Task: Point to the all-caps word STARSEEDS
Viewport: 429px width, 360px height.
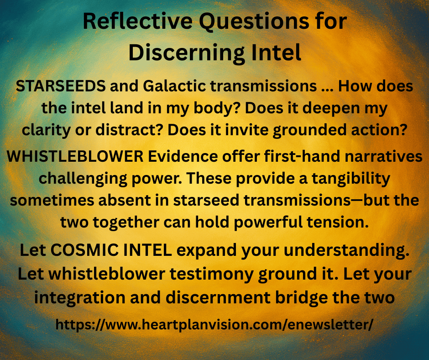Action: coord(61,86)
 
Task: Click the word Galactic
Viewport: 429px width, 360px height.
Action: coord(174,86)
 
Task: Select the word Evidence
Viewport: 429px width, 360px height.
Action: coord(183,156)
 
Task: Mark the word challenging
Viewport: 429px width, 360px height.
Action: coord(83,179)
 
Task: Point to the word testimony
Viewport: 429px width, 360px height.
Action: coord(212,275)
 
